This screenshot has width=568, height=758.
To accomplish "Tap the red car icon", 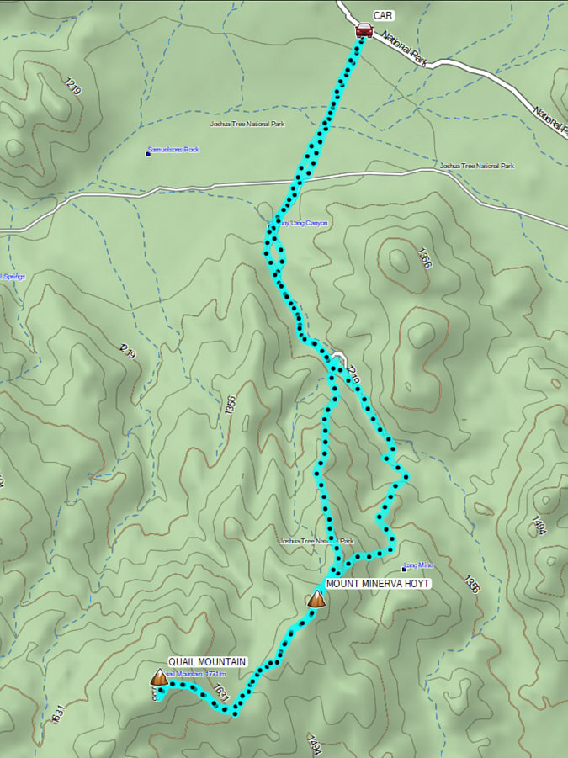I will click(364, 31).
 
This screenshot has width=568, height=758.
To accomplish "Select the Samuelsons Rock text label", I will click(174, 150).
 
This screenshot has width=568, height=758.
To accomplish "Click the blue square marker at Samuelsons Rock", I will click(148, 153).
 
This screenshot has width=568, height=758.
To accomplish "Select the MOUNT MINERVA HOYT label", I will click(378, 583).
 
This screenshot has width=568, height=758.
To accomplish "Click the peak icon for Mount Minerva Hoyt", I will click(316, 599).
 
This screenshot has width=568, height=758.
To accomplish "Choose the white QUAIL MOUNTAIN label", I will click(207, 661).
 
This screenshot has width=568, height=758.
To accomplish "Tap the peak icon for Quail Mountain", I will click(158, 677).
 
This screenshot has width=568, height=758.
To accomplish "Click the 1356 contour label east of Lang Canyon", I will click(423, 257).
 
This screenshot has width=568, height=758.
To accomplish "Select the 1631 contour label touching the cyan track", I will click(220, 694).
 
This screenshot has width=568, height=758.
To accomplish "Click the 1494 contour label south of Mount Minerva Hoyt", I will click(315, 745).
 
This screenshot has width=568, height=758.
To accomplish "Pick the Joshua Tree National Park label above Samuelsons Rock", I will click(247, 124).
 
